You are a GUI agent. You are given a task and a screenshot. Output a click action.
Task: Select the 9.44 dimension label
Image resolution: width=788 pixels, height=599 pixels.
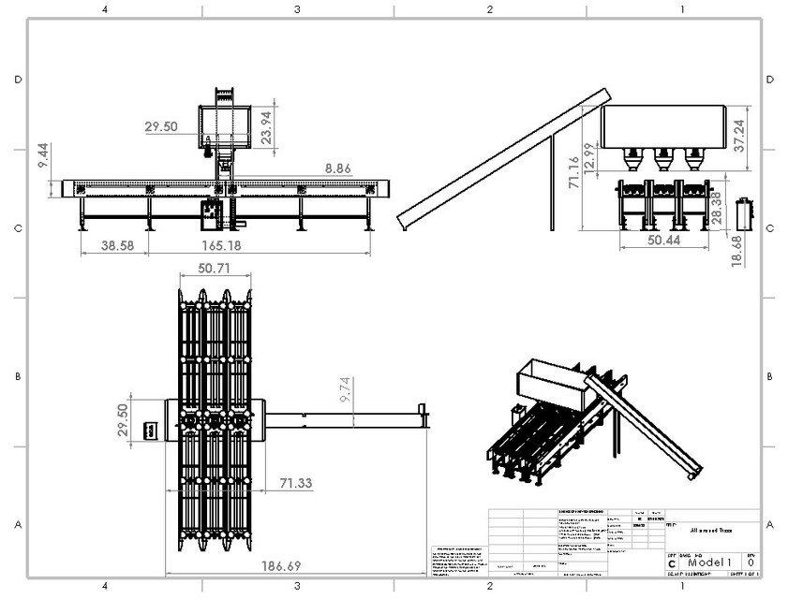[x=41, y=155]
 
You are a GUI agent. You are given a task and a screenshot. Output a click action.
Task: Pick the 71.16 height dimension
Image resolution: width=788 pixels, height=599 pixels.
[x=572, y=167]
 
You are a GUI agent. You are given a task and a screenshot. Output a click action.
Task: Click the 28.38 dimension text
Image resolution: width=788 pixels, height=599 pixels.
[x=717, y=206]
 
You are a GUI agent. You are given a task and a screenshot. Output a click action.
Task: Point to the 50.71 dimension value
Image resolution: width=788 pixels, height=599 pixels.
[x=215, y=269]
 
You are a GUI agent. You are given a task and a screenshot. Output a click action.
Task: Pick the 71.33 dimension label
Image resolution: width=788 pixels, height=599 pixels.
[x=296, y=483]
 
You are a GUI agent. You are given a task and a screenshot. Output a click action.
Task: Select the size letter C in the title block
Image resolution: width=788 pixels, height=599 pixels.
[x=671, y=562]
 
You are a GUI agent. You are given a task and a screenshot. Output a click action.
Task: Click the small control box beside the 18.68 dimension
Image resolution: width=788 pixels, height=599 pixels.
[x=746, y=214]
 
